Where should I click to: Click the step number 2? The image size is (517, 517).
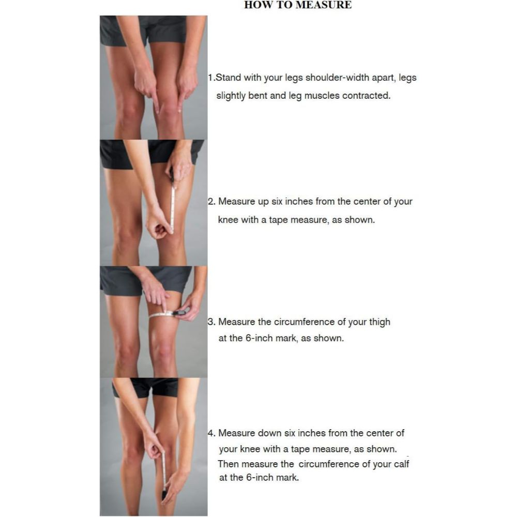[210, 202]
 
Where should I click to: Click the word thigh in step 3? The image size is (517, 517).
[379, 322]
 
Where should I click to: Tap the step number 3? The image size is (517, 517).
[210, 322]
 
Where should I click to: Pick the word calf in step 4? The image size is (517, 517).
[401, 464]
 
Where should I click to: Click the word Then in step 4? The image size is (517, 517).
[228, 464]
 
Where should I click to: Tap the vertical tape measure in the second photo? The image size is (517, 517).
[173, 207]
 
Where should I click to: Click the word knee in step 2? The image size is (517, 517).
[228, 220]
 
